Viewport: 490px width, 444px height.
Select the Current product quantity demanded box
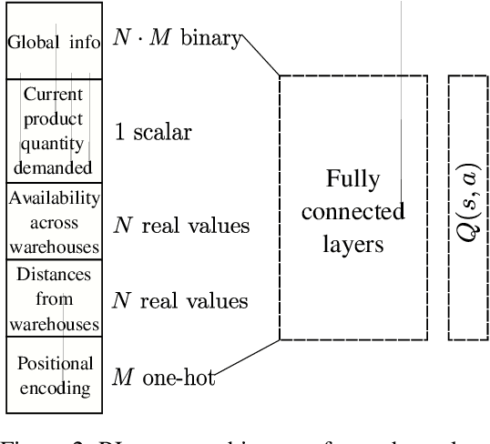[54, 130]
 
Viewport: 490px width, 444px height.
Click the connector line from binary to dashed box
[260, 56]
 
